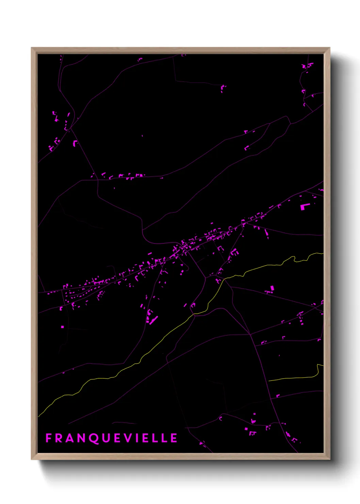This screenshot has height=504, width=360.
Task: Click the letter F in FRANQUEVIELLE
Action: click(x=48, y=438)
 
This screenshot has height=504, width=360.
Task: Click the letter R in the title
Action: click(x=59, y=438)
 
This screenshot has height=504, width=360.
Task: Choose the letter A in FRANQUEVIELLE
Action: click(x=70, y=438)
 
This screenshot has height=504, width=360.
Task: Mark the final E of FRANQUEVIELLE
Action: click(x=174, y=438)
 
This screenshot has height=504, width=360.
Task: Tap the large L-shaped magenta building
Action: click(x=304, y=206)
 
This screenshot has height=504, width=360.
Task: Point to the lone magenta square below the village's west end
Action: click(x=63, y=327)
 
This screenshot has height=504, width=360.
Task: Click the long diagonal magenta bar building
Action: click(x=154, y=319)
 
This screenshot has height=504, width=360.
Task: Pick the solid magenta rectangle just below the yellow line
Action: click(x=272, y=288)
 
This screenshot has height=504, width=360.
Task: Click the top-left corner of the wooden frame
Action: click(x=32, y=48)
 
